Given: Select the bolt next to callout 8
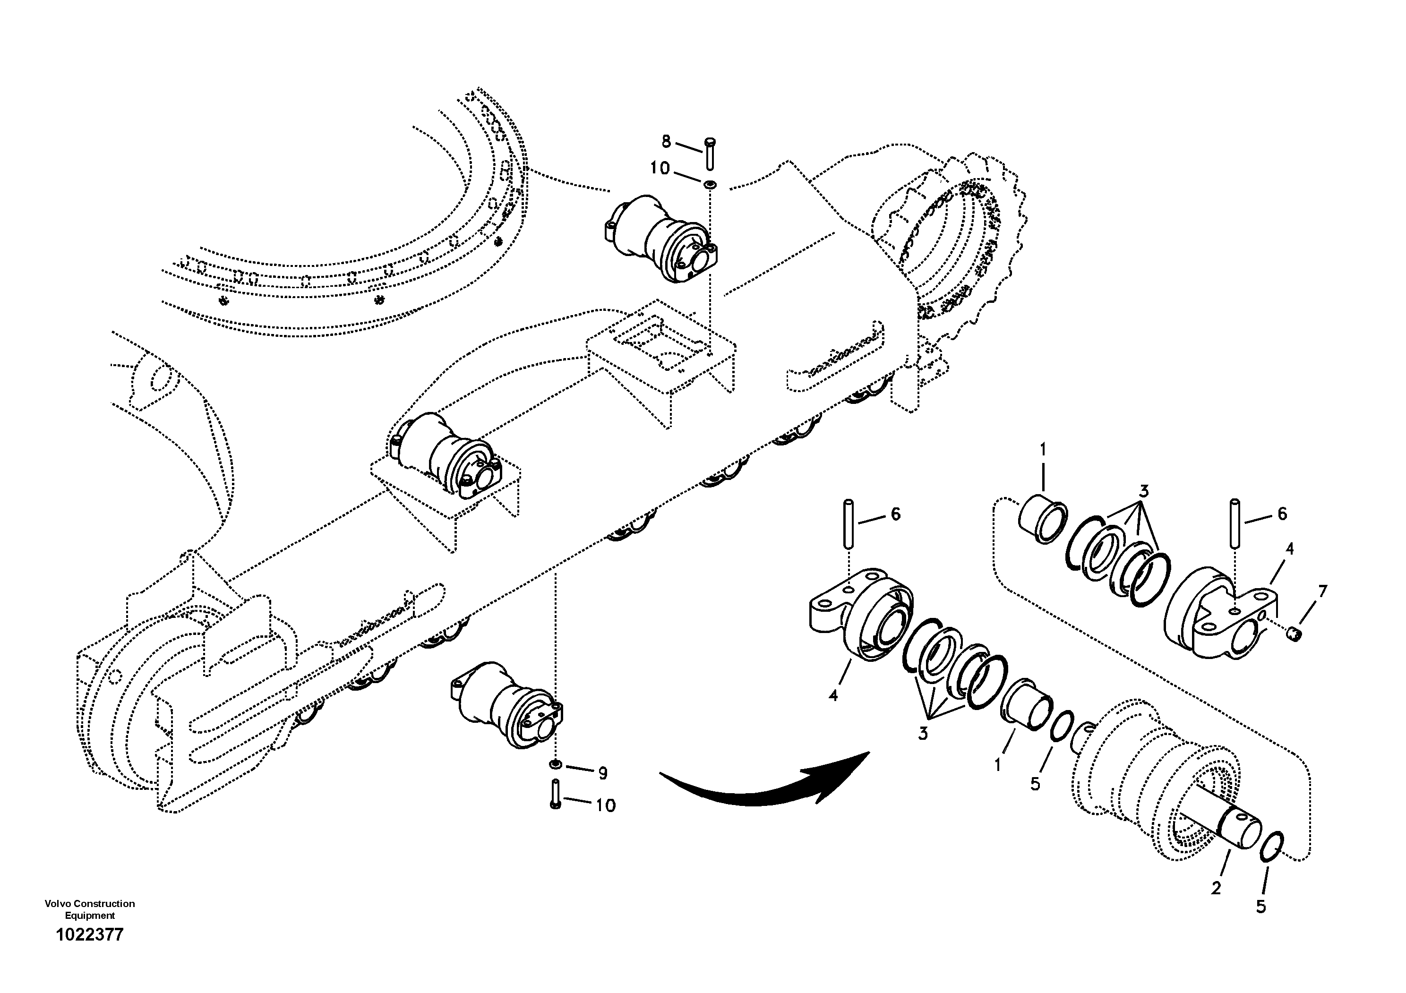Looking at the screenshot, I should click(711, 153).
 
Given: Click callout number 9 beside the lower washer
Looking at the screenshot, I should click(602, 773).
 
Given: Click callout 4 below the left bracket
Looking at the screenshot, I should click(833, 695).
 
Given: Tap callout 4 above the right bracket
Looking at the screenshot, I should click(1289, 549).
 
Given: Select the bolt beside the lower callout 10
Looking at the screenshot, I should click(556, 794).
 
